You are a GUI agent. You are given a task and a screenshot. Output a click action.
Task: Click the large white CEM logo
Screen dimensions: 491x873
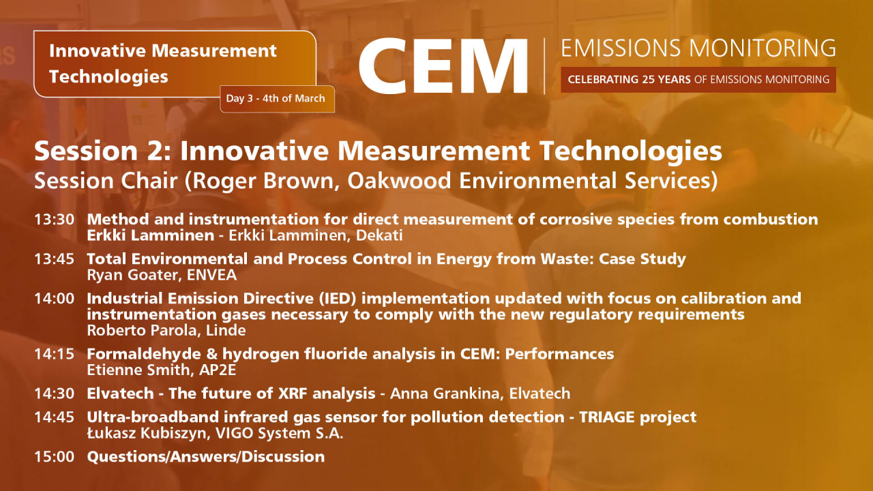pyautogui.click(x=443, y=66)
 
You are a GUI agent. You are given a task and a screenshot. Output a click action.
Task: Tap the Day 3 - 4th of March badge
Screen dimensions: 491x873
pyautogui.click(x=276, y=99)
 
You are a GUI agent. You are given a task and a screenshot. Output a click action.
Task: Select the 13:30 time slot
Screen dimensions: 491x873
pyautogui.click(x=55, y=220)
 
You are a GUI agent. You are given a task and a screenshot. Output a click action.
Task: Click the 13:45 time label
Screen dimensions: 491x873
pyautogui.click(x=55, y=259)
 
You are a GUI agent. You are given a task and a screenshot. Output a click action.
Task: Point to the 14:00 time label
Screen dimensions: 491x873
pyautogui.click(x=55, y=299)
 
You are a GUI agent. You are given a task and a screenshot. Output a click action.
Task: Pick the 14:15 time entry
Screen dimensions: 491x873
pyautogui.click(x=55, y=354)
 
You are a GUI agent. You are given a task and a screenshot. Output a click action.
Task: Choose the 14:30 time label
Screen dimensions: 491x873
pyautogui.click(x=55, y=393)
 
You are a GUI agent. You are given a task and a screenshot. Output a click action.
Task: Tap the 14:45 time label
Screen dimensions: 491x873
pyautogui.click(x=55, y=417)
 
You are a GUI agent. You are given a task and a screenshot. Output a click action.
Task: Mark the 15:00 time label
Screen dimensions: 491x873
pyautogui.click(x=55, y=456)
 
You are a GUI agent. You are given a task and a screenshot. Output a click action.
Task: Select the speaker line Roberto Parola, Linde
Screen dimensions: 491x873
pyautogui.click(x=166, y=331)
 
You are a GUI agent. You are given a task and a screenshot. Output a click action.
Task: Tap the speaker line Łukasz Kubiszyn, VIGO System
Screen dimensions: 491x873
pyautogui.click(x=215, y=433)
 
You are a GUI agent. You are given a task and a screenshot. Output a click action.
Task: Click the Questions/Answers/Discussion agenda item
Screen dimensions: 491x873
pyautogui.click(x=205, y=456)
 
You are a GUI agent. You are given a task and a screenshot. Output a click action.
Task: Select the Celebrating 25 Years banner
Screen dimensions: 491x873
pyautogui.click(x=698, y=80)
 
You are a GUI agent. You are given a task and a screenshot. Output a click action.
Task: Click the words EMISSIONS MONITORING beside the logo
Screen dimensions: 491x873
pyautogui.click(x=698, y=48)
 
